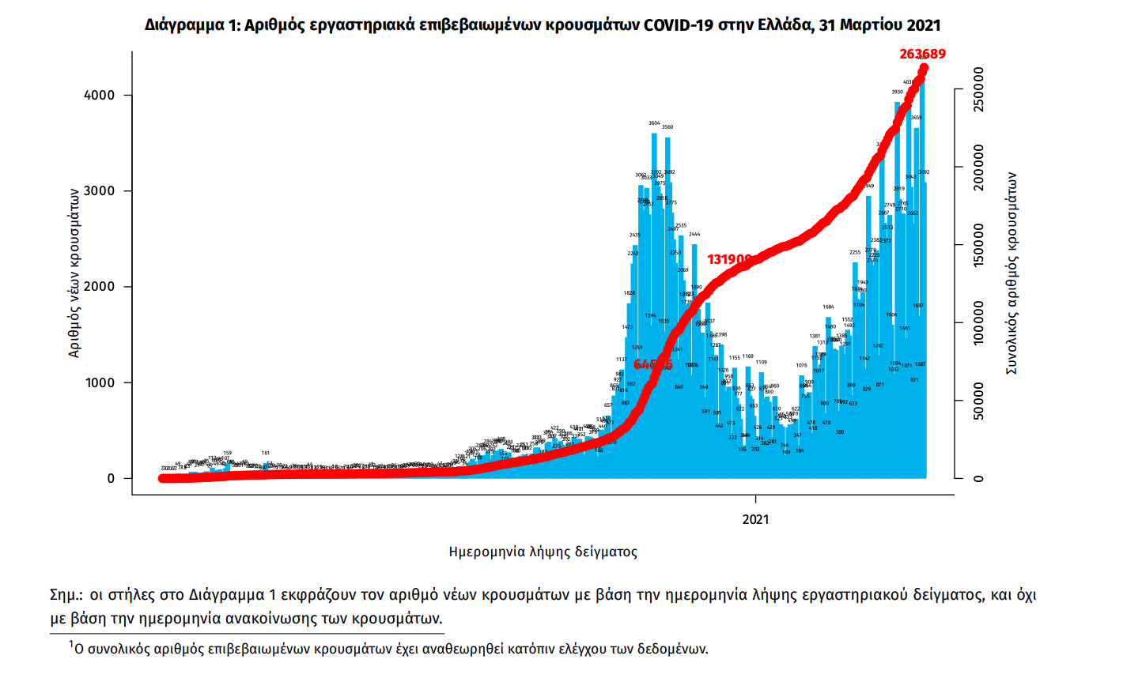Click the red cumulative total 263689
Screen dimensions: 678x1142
point(922,54)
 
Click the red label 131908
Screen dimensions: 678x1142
point(729,259)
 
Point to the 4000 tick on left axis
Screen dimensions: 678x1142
point(100,95)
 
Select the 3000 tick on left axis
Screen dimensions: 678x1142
point(100,191)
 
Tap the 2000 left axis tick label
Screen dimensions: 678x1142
point(100,287)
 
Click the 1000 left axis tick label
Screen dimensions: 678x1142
point(100,382)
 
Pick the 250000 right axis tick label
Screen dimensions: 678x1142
point(979,89)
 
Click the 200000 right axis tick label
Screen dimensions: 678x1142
point(979,167)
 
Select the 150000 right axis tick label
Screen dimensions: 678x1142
point(979,245)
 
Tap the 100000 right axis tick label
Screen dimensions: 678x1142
point(979,322)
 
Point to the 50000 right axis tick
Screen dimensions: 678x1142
point(979,401)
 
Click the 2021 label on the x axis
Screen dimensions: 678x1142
point(755,519)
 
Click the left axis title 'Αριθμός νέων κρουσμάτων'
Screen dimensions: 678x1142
point(74,273)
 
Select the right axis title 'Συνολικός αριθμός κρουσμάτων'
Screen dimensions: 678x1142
point(1012,273)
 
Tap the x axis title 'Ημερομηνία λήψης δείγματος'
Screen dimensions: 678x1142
point(543,552)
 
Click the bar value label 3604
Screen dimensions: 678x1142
point(654,123)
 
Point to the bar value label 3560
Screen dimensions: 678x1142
point(667,127)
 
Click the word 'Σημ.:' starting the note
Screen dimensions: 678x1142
point(66,595)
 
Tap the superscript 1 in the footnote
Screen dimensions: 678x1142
point(70,645)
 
